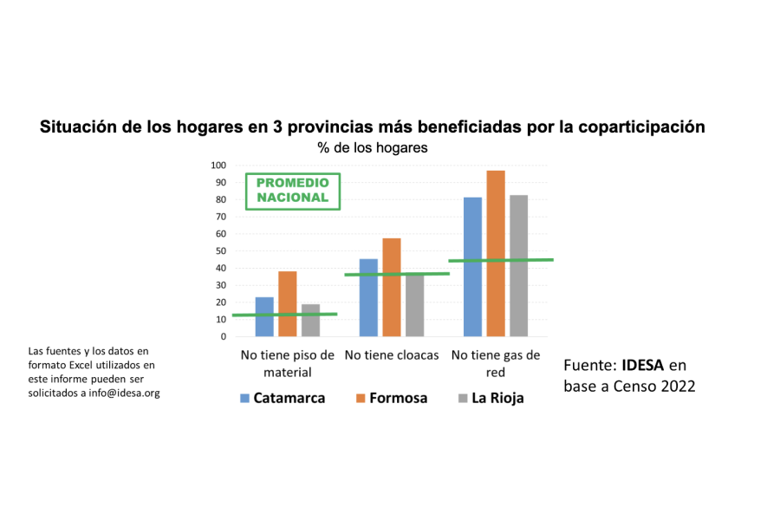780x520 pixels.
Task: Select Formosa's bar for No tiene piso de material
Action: pyautogui.click(x=288, y=304)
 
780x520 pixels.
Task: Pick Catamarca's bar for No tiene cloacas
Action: pyautogui.click(x=368, y=298)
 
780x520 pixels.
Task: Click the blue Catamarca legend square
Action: pyautogui.click(x=245, y=399)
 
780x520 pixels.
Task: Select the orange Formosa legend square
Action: pyautogui.click(x=361, y=399)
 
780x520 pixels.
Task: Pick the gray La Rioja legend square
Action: pyautogui.click(x=464, y=399)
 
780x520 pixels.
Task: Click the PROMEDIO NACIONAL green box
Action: pyautogui.click(x=293, y=190)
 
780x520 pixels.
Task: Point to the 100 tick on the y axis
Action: pyautogui.click(x=218, y=166)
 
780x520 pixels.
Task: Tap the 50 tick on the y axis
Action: pyautogui.click(x=221, y=251)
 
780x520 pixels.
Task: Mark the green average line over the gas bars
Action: pyautogui.click(x=501, y=260)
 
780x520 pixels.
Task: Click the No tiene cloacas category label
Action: pyautogui.click(x=392, y=355)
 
